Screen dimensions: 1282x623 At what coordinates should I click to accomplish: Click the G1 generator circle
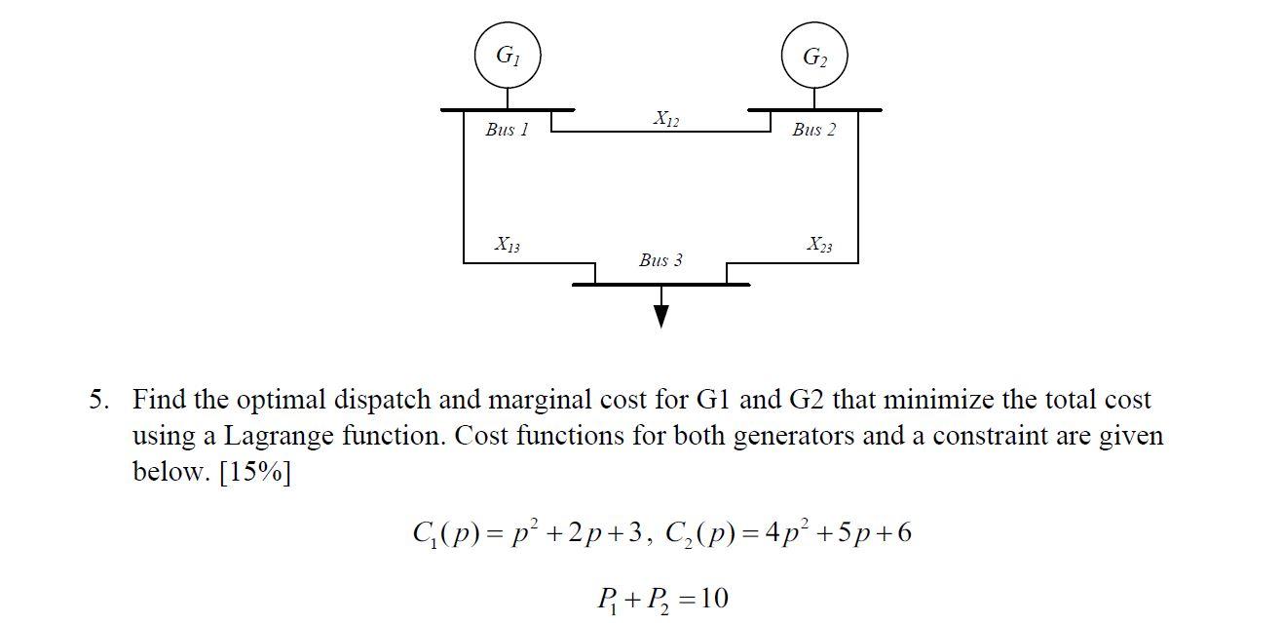pos(507,57)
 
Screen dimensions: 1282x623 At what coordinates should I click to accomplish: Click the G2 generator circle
pos(814,57)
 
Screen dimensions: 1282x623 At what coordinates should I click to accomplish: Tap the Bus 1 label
pos(507,130)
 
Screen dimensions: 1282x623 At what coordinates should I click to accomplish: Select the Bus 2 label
pos(813,130)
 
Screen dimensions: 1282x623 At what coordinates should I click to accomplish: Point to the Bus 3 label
pos(660,260)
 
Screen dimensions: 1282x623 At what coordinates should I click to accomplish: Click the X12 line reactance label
pos(666,120)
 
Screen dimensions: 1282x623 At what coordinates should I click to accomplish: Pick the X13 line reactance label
pos(507,244)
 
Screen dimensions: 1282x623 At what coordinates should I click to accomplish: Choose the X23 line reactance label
pos(818,245)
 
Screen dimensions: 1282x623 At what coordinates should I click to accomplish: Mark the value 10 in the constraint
pos(713,597)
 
